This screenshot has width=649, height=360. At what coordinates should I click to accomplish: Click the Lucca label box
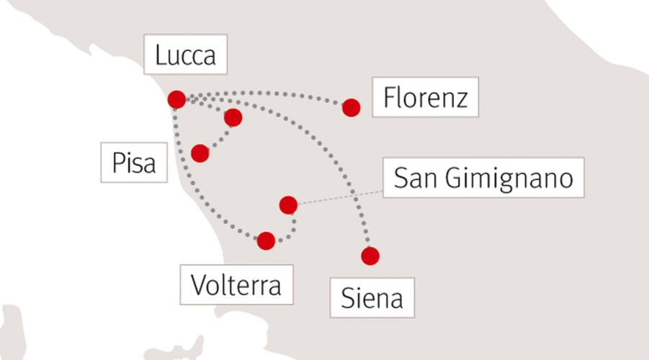coord(185,54)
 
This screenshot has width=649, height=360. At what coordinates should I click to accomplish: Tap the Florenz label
coord(426,96)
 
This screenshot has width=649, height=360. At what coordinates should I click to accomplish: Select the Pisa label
coord(134,163)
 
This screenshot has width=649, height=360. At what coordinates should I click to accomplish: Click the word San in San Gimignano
coord(416,178)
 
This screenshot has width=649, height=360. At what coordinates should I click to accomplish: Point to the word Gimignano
coord(509,179)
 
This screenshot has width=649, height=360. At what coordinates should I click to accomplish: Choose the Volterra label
coord(236,284)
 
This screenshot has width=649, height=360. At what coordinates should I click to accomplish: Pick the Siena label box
coord(372,297)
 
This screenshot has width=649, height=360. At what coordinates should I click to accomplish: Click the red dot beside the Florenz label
coord(351,107)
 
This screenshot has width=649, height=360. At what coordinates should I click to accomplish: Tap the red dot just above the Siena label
coord(370,256)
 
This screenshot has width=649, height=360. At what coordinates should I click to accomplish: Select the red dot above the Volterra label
coord(266,240)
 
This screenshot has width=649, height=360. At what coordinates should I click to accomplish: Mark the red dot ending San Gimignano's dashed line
coord(288,204)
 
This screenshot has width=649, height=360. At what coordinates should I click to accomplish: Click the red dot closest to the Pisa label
coord(200,153)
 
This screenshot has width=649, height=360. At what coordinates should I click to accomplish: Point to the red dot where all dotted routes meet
coord(176,100)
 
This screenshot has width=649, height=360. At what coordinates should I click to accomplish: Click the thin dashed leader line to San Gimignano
coord(340,197)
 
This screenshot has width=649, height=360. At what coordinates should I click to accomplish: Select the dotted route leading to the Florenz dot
coord(265,93)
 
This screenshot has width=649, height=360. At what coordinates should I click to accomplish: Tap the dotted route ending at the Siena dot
coord(315,140)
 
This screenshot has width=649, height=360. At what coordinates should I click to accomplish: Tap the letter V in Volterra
coord(198,284)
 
